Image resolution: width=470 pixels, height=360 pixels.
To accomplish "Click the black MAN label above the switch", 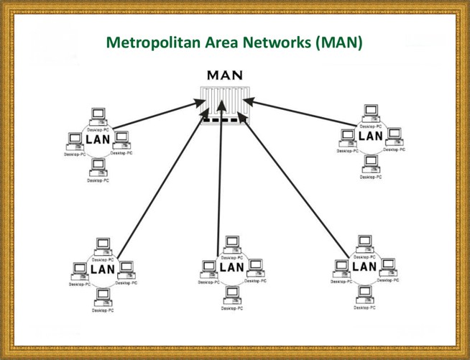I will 224,75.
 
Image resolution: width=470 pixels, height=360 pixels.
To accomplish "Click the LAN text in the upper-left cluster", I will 98,138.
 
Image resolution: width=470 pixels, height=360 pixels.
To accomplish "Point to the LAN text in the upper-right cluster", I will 370,135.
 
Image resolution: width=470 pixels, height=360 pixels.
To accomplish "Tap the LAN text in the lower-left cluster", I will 102,269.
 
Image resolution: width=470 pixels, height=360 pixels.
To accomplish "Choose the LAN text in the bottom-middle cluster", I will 232,267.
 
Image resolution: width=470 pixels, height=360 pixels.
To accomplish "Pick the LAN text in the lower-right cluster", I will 365,267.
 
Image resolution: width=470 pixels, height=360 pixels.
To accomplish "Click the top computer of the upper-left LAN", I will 98,116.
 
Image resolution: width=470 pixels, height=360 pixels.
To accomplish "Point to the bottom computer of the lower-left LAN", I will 103,297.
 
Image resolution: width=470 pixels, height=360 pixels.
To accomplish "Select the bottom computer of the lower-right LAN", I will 365,294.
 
